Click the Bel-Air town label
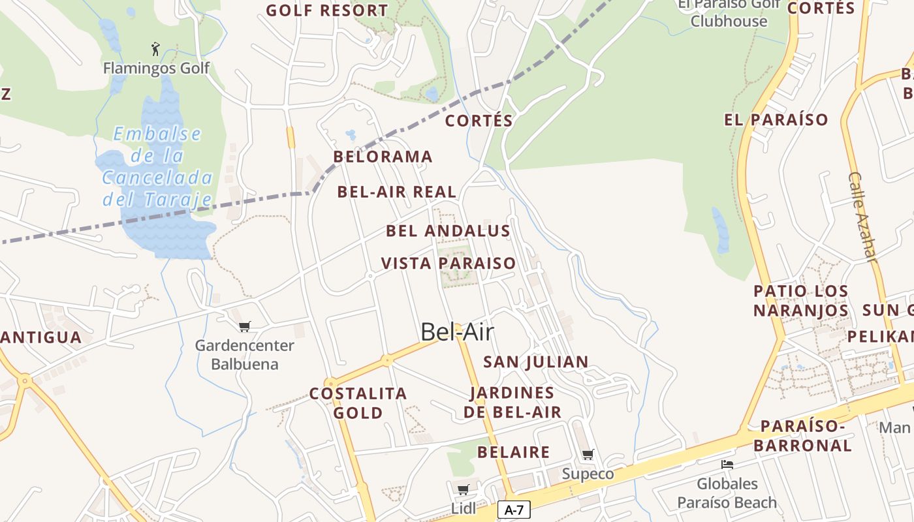[x=457, y=332]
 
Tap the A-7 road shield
[x=514, y=510]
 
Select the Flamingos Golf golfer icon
[x=155, y=49]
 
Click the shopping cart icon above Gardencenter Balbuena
[x=245, y=326]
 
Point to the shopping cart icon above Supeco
[x=588, y=454]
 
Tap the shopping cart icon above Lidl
[x=463, y=489]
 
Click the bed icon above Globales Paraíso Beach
[x=727, y=465]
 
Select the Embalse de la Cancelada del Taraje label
[x=157, y=166]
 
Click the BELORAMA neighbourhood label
[x=383, y=157]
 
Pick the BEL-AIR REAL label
[x=397, y=192]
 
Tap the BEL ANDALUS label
[x=448, y=231]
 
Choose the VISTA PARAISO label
[x=449, y=264]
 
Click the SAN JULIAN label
[x=536, y=361]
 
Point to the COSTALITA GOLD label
[x=358, y=403]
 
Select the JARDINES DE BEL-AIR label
[x=512, y=403]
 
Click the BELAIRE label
[x=514, y=452]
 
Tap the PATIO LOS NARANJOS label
[x=801, y=301]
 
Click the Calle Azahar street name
[x=862, y=217]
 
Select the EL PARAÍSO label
[x=776, y=120]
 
